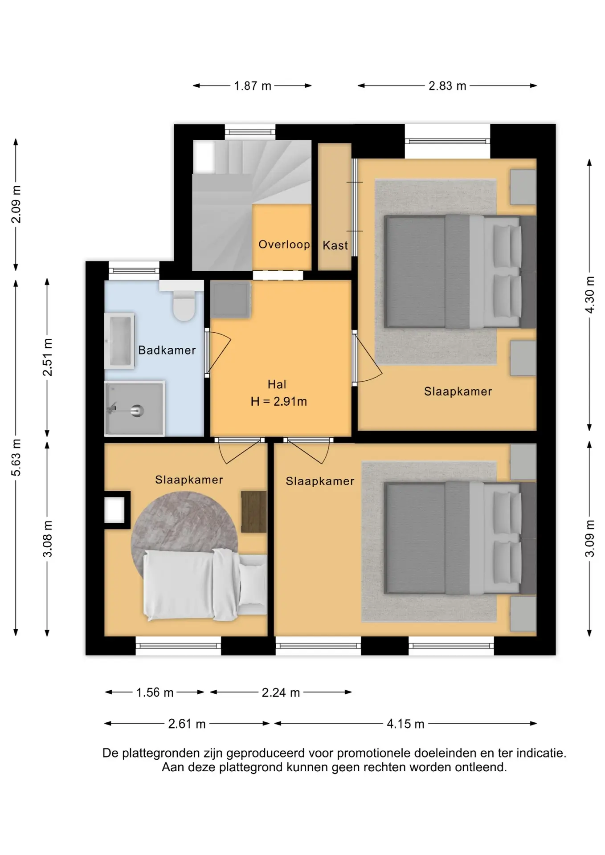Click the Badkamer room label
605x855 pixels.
pyautogui.click(x=167, y=350)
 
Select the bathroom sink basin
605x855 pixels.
pyautogui.click(x=119, y=341)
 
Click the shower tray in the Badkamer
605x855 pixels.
pyautogui.click(x=135, y=408)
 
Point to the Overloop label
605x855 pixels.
pyautogui.click(x=284, y=244)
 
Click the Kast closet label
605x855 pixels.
pyautogui.click(x=335, y=245)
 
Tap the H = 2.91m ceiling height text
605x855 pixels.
pyautogui.click(x=279, y=402)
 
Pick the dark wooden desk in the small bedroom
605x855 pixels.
pyautogui.click(x=253, y=512)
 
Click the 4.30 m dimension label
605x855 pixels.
pyautogui.click(x=590, y=295)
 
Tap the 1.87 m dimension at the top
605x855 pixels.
pyautogui.click(x=253, y=86)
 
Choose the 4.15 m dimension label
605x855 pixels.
pyautogui.click(x=405, y=724)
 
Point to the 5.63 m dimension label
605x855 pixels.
pyautogui.click(x=16, y=457)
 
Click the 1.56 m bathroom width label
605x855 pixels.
pyautogui.click(x=155, y=693)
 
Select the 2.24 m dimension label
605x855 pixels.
pyautogui.click(x=281, y=693)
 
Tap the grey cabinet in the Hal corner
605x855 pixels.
pyautogui.click(x=230, y=300)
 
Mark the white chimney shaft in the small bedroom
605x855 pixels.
pyautogui.click(x=114, y=510)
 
